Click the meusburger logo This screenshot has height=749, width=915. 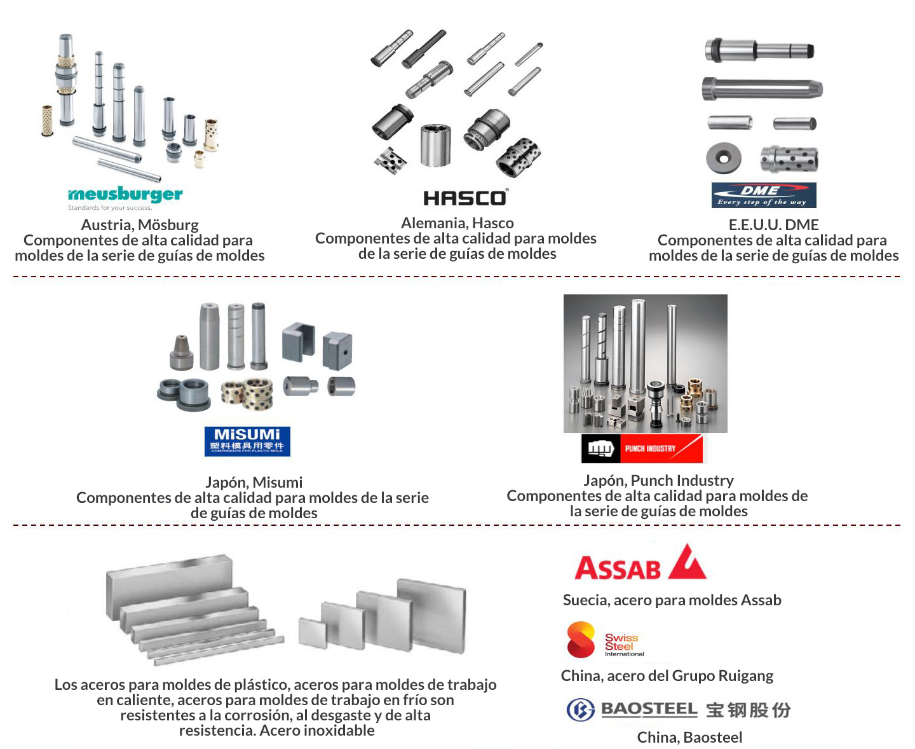click(125, 195)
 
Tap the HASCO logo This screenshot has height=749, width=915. click(466, 198)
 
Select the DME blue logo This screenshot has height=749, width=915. click(763, 195)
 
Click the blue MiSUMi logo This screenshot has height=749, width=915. click(247, 441)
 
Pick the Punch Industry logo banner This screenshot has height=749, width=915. click(642, 448)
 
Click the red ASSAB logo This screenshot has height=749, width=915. click(640, 563)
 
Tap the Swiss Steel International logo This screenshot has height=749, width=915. click(605, 640)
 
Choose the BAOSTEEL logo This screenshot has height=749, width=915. click(679, 710)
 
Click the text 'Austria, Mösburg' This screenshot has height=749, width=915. click(140, 225)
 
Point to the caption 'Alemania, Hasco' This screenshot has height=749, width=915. click(457, 223)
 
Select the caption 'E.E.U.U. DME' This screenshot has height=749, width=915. click(773, 225)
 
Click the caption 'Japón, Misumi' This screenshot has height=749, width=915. click(254, 483)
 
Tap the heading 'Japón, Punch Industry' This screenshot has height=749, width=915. click(658, 481)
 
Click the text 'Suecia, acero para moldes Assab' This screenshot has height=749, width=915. click(672, 600)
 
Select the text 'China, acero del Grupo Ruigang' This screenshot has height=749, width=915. click(667, 676)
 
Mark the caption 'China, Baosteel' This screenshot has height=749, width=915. click(689, 738)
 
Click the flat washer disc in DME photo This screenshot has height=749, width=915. click(723, 158)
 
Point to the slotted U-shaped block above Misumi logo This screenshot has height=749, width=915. click(298, 341)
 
